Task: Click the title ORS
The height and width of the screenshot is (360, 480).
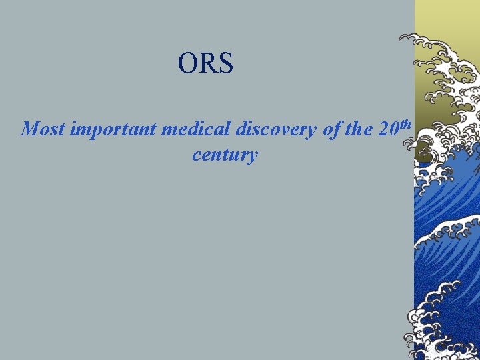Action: (205, 63)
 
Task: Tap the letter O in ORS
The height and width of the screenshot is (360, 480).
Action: (187, 63)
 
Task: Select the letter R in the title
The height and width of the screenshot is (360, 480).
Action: (206, 63)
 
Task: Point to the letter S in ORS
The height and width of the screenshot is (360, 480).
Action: (225, 63)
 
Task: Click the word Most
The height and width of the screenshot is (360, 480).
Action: (43, 129)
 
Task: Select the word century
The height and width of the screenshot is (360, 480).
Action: (225, 155)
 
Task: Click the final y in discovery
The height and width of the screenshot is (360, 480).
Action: (313, 131)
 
